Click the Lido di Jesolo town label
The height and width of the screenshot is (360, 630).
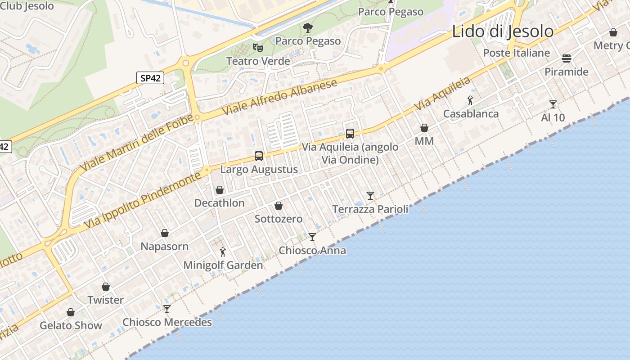[502, 31]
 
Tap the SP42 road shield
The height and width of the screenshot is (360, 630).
[150, 78]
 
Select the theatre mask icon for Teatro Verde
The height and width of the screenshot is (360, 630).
[258, 47]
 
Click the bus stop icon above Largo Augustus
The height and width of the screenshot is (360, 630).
[259, 156]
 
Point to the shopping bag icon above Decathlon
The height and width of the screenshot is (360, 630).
[220, 190]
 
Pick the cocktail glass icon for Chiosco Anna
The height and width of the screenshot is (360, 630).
[312, 237]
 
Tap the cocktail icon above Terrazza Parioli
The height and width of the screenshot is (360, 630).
[370, 195]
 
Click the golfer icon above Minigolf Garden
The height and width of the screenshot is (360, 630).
[223, 252]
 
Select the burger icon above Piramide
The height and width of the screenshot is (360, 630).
[566, 58]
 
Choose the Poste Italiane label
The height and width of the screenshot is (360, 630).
[516, 53]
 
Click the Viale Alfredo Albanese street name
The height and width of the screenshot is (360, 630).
[279, 97]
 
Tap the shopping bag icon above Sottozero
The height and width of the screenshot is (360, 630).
[279, 206]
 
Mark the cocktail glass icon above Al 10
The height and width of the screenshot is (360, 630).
[553, 104]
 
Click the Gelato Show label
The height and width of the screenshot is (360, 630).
[71, 325]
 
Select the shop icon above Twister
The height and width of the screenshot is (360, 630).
[106, 287]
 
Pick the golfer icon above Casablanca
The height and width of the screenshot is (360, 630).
[471, 100]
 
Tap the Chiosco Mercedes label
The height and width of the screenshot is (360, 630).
[167, 322]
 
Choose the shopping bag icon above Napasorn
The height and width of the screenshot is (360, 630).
[165, 233]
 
